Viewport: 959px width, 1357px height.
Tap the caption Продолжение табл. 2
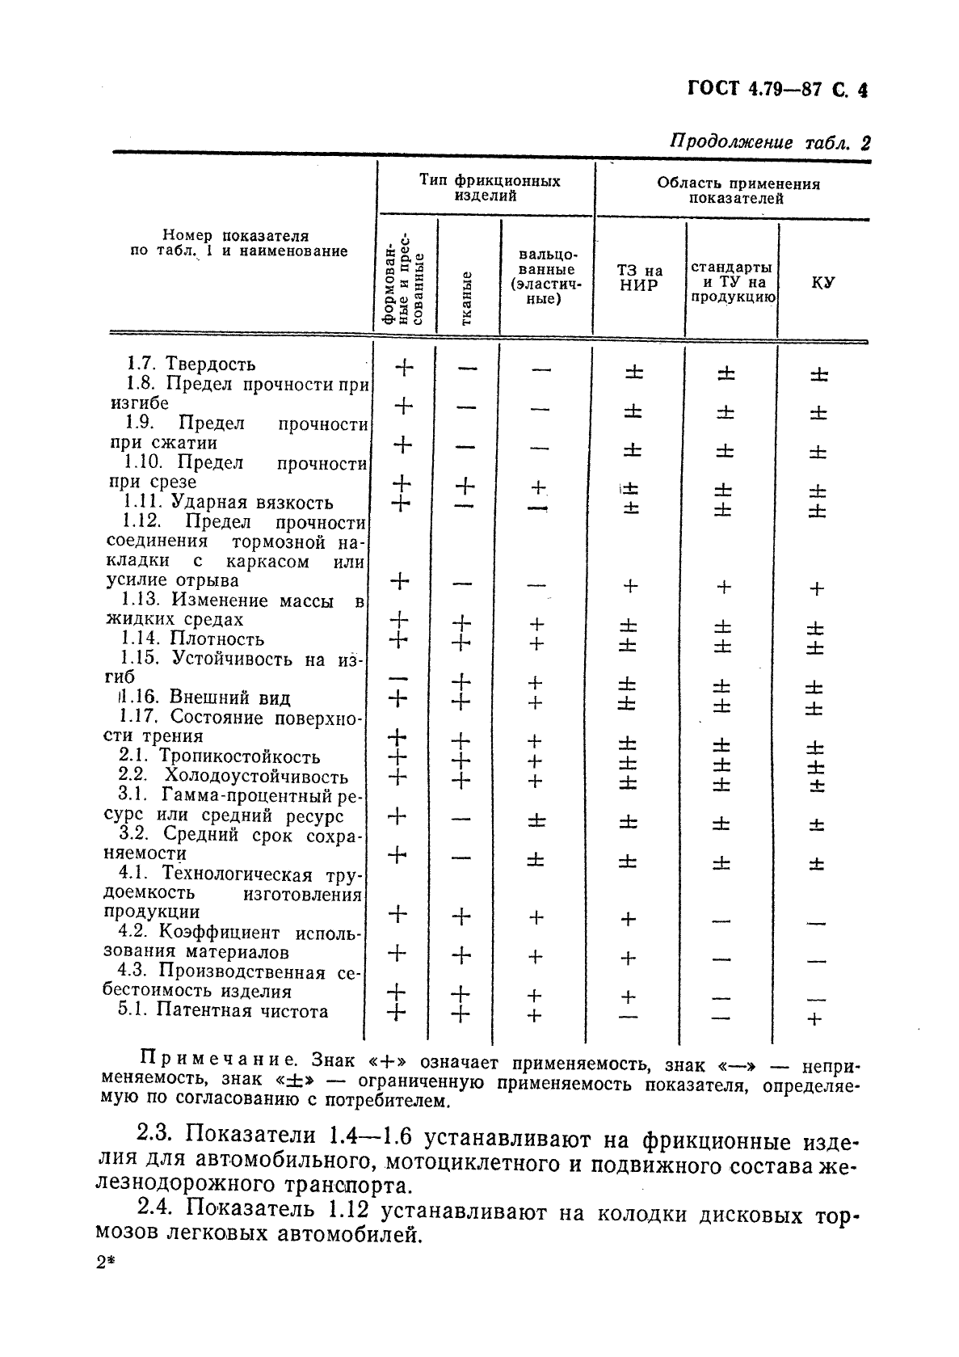[770, 143]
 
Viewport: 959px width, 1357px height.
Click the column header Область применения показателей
[737, 191]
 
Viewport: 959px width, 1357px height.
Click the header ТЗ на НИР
[640, 278]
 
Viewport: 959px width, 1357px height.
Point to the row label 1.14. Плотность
[194, 639]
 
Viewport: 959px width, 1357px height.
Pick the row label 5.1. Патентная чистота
[223, 1011]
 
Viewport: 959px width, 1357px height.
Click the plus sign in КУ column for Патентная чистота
[814, 1019]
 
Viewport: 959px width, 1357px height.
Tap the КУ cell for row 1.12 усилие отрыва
[816, 588]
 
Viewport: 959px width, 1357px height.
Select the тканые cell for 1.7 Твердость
[466, 369]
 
